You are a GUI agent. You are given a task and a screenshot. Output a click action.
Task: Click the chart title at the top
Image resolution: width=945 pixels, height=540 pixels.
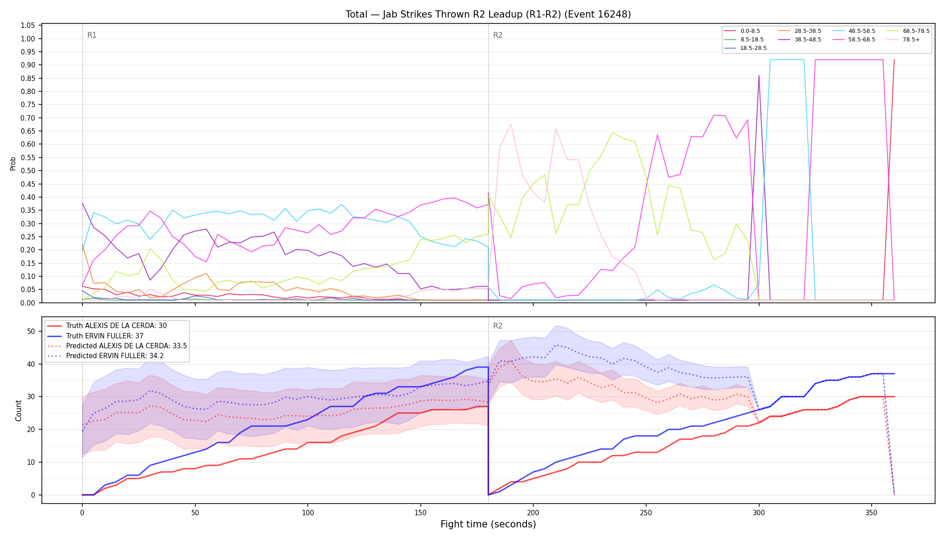(x=488, y=14)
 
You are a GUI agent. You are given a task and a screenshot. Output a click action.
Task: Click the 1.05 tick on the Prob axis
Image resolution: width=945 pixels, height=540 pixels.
(x=28, y=26)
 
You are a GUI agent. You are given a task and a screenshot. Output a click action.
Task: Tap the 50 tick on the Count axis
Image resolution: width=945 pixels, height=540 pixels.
(x=31, y=332)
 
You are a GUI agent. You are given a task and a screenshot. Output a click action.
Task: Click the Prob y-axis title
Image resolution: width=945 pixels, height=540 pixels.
(x=13, y=163)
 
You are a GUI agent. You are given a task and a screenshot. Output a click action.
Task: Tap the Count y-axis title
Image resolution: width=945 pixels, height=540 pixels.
(x=18, y=410)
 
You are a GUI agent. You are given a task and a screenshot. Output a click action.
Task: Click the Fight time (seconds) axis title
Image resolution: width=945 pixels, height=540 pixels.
(x=488, y=524)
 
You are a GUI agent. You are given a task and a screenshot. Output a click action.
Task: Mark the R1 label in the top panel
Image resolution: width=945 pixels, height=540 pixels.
(x=92, y=35)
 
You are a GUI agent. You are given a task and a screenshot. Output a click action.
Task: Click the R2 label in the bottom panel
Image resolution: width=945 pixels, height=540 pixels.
(x=498, y=326)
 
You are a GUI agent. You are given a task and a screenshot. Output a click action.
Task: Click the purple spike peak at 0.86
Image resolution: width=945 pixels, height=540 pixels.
(x=759, y=76)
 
